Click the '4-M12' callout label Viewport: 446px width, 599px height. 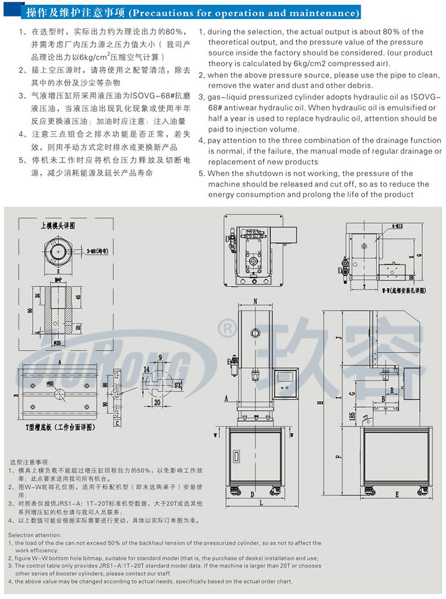coord(397,226)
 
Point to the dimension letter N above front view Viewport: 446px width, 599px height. coord(256,301)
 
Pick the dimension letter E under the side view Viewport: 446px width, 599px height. coord(395,494)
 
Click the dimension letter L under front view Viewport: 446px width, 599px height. coord(252,494)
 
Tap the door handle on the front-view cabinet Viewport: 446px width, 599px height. coord(236,456)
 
